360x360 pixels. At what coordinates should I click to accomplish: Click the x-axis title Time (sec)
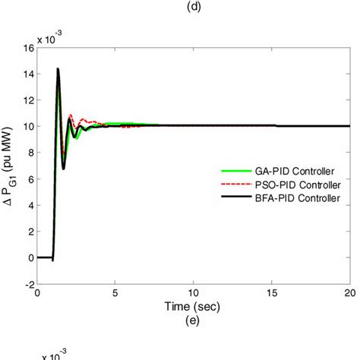click(194, 305)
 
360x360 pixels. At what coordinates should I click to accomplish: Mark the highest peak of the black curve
click(58, 69)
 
